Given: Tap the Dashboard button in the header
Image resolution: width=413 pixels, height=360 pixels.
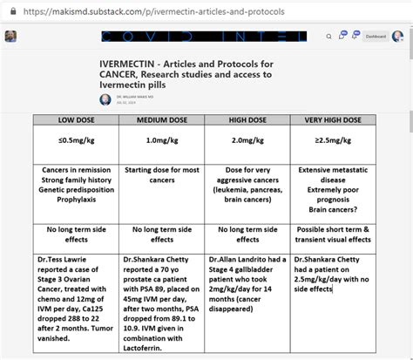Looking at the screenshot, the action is coord(376,37).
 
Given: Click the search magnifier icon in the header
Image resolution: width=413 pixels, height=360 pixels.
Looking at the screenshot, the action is coord(328,37).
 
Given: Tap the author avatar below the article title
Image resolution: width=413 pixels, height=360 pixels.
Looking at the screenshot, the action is coord(105,98).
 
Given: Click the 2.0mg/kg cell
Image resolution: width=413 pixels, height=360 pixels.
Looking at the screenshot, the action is coord(247,139).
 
